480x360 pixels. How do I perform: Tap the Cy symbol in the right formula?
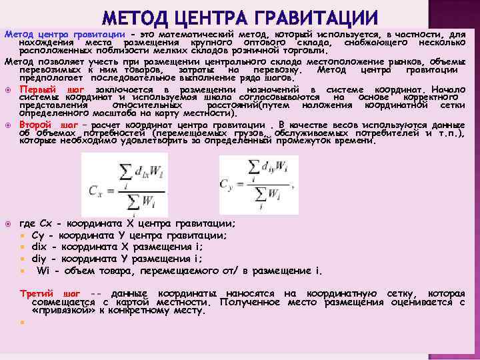click(228, 182)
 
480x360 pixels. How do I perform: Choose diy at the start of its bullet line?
click(39, 259)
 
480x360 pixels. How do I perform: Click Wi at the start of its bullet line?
click(43, 271)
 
